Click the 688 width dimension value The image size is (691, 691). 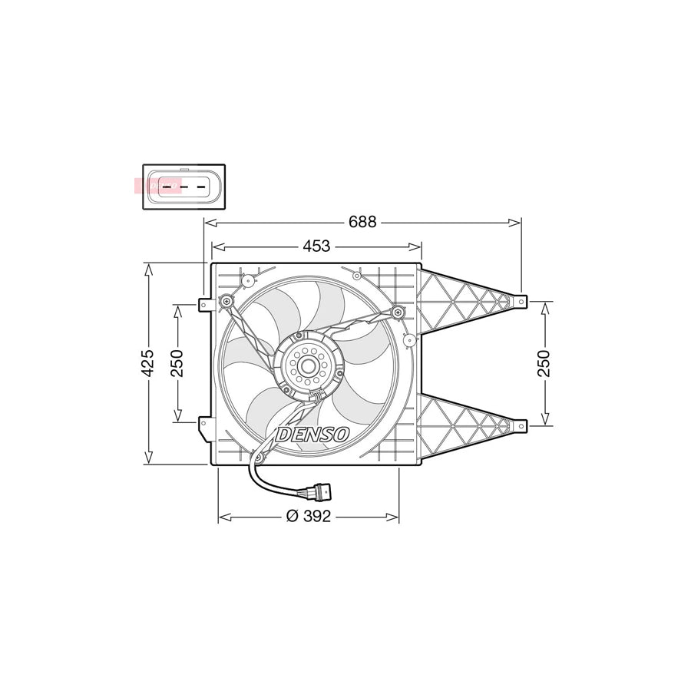point(362,222)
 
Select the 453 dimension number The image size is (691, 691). point(316,246)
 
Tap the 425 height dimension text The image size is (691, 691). point(148,362)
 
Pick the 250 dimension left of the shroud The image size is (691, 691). point(177,362)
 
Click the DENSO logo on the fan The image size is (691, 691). point(312,435)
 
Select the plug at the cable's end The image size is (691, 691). point(320,488)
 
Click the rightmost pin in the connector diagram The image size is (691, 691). point(203,186)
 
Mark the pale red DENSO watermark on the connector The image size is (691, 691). point(156,186)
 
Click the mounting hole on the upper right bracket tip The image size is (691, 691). point(521,302)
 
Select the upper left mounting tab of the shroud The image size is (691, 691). point(203,305)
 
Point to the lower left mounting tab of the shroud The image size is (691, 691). point(203,423)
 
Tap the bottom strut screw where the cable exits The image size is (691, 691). point(259,458)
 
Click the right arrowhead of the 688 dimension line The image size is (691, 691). point(517,223)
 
